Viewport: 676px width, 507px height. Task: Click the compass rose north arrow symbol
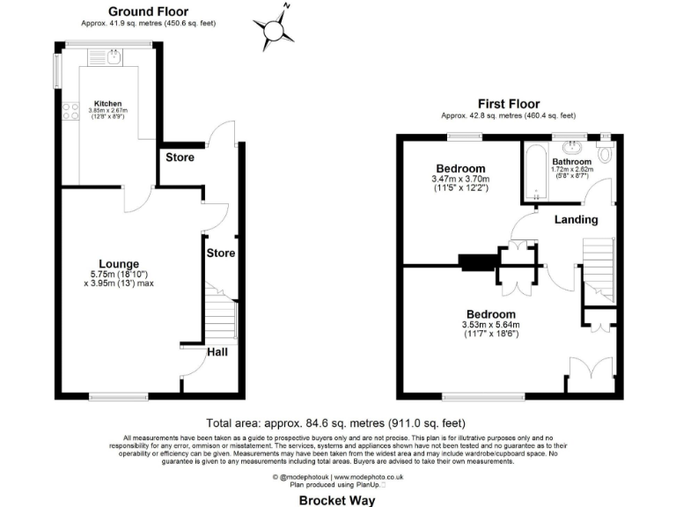click(277, 28)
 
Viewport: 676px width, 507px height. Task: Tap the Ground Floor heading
click(148, 11)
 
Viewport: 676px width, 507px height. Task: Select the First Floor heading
click(508, 103)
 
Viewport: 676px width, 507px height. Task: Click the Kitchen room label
click(107, 103)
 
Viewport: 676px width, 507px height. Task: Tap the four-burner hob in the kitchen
click(68, 111)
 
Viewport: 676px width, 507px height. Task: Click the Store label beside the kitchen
click(180, 158)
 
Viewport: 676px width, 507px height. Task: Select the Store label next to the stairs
click(220, 253)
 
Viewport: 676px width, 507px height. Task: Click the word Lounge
click(116, 263)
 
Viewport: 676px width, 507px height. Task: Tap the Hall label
click(217, 353)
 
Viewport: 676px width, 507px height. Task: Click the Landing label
click(577, 219)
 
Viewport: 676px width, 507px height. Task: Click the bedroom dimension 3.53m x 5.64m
click(490, 325)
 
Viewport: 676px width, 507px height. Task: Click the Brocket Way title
click(337, 500)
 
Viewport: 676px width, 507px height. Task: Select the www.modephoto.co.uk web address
click(370, 477)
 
